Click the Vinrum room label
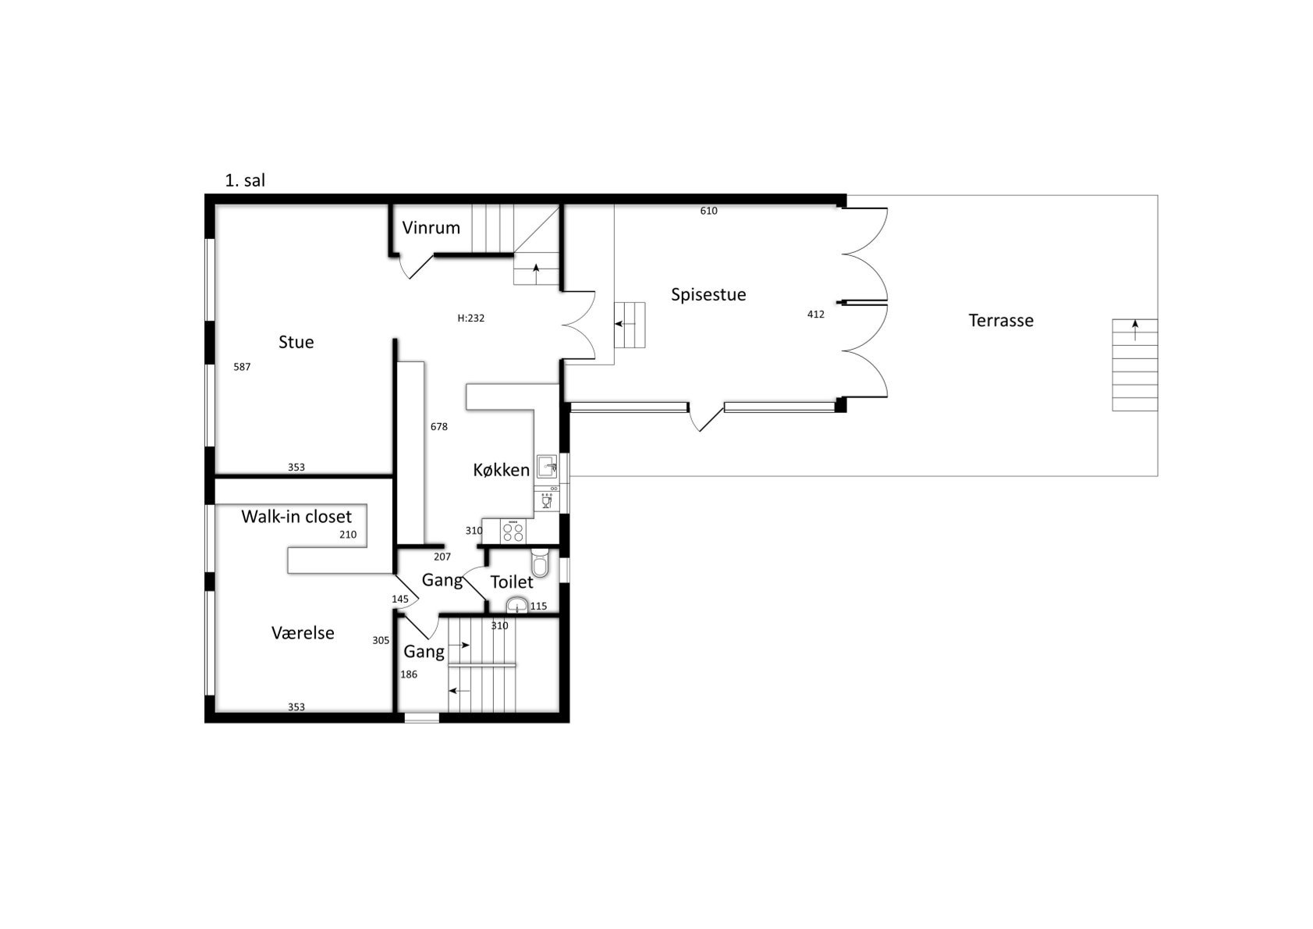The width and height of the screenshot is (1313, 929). pos(431,227)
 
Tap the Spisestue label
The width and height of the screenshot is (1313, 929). pos(708,294)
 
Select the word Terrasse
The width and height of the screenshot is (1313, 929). pos(1001,320)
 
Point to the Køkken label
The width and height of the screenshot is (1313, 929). pos(501,470)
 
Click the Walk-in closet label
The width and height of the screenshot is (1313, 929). pos(296,517)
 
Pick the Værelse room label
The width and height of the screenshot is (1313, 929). pos(303,633)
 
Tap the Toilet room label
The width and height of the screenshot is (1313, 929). pos(512,582)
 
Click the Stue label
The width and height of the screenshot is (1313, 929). pos(296,342)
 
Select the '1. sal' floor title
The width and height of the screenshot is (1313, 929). pos(245,180)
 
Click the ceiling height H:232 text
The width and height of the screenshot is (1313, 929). pos(470,319)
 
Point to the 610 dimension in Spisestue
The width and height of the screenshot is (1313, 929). pos(708,211)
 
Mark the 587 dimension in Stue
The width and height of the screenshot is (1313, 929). pos(242,367)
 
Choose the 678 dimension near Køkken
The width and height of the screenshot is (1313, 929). pos(439,427)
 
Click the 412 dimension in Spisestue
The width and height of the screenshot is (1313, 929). pos(816,315)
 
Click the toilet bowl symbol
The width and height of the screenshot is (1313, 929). pos(540,563)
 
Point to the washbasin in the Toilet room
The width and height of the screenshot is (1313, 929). pos(517,605)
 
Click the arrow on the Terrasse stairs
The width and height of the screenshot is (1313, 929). pos(1135,330)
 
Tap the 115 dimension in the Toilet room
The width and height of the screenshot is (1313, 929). pos(538,607)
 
